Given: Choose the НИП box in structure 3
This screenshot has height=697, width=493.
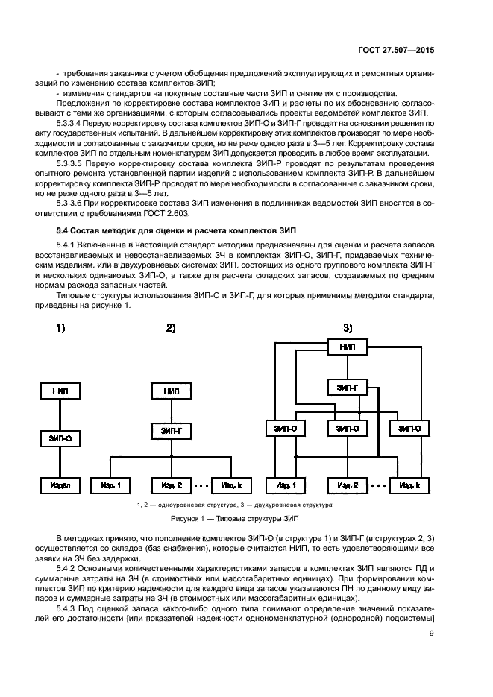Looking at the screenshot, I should tap(347, 347).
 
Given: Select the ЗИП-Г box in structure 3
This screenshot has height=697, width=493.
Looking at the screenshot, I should tap(347, 388).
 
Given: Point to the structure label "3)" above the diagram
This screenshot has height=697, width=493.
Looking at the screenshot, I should tap(348, 328).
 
